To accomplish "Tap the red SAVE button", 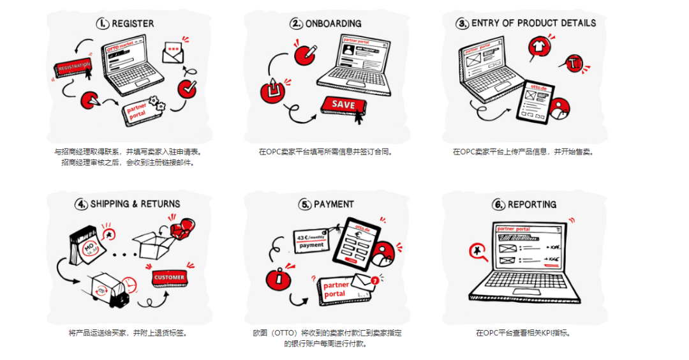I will [x=343, y=105].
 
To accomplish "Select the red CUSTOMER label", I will [x=169, y=278].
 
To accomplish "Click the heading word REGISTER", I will [x=133, y=24].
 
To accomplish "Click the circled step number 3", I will [x=462, y=24].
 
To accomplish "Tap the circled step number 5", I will [x=305, y=204].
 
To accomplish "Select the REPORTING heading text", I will [x=531, y=204].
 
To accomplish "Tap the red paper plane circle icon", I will [x=91, y=100].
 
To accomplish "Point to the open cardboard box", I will [x=151, y=245].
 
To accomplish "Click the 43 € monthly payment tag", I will [x=311, y=240].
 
